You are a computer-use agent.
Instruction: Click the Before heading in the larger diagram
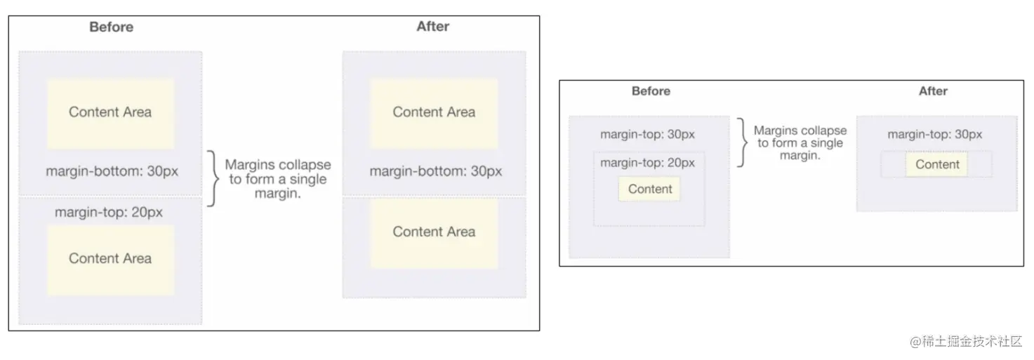[111, 27]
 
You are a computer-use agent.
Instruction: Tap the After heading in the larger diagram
[432, 27]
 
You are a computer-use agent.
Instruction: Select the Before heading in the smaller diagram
[651, 91]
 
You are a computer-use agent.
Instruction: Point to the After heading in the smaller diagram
[933, 91]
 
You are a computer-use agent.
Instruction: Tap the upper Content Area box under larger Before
[110, 112]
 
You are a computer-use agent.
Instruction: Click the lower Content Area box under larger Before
[110, 258]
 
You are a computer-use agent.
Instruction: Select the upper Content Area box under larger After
[434, 112]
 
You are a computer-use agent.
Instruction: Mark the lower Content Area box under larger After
[434, 232]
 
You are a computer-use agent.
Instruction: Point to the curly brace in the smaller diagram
[741, 142]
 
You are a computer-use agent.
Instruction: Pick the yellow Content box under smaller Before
[649, 189]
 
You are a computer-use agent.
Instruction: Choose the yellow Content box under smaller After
[936, 164]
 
